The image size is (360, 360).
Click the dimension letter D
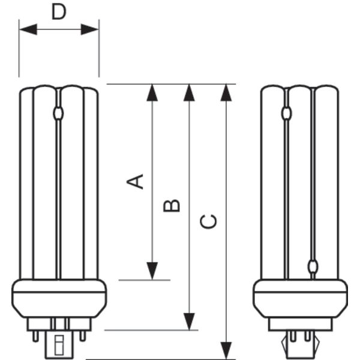tap(59, 12)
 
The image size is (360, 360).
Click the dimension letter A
tap(135, 181)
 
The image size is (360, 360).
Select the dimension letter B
tap(172, 205)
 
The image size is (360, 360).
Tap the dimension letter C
tap(208, 221)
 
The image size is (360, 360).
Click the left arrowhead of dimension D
tap(28, 29)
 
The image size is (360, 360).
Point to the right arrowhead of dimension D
tap(90, 29)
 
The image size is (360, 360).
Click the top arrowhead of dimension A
tap(152, 92)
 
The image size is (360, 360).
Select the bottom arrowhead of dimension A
tap(152, 271)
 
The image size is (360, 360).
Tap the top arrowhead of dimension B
tap(189, 92)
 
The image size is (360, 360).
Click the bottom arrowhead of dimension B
tap(189, 322)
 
